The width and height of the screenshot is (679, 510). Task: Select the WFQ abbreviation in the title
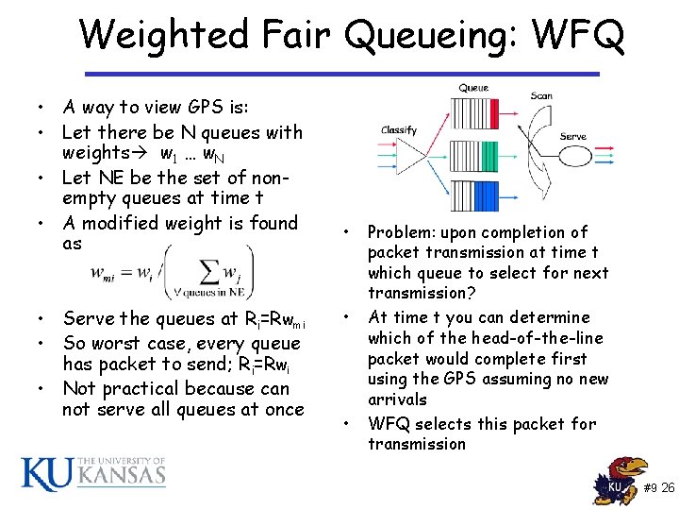pos(577,37)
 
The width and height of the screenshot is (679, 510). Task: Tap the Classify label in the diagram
pos(399,130)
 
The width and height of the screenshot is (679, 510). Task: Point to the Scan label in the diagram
pos(541,95)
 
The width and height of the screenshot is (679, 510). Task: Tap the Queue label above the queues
pos(473,88)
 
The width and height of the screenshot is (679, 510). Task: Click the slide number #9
pos(651,488)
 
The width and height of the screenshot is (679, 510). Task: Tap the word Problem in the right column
pos(399,232)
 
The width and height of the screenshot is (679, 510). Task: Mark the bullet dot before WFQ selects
pos(348,423)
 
